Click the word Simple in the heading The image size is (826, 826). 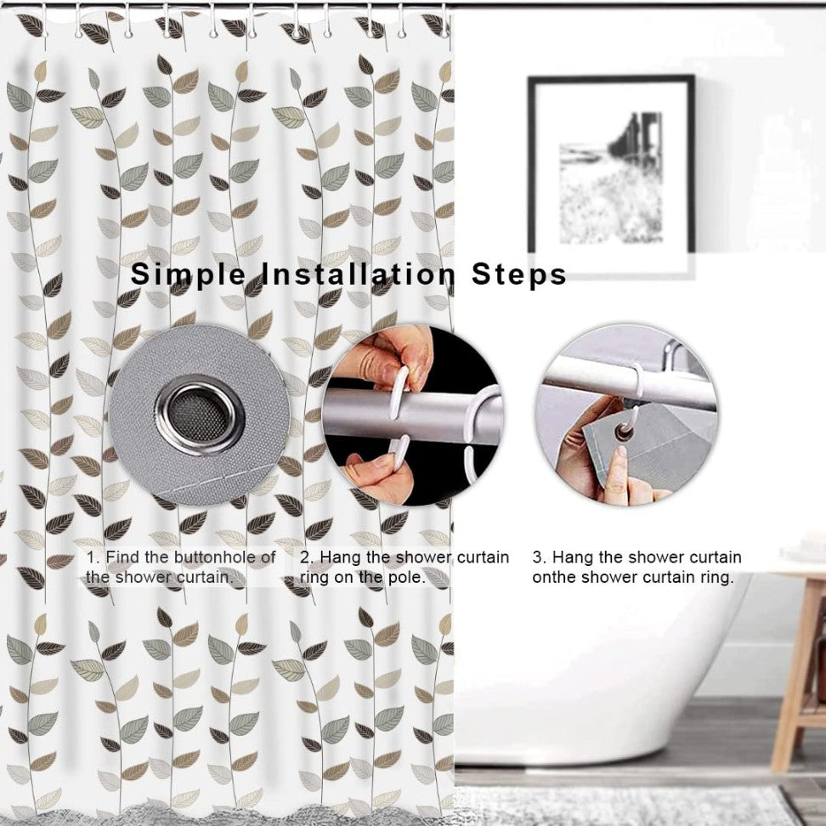(x=188, y=275)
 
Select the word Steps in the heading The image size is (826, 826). (x=519, y=274)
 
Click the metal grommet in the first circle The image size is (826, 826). (x=201, y=415)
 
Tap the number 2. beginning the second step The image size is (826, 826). (x=307, y=557)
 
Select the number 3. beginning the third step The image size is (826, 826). (x=540, y=557)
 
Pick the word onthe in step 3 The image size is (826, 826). (x=554, y=577)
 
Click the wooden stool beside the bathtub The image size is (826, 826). (x=798, y=669)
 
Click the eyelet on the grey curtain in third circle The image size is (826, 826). (x=625, y=433)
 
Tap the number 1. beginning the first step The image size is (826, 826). (x=93, y=557)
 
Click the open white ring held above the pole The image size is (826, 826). (x=400, y=393)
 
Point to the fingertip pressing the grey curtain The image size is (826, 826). (x=621, y=452)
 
